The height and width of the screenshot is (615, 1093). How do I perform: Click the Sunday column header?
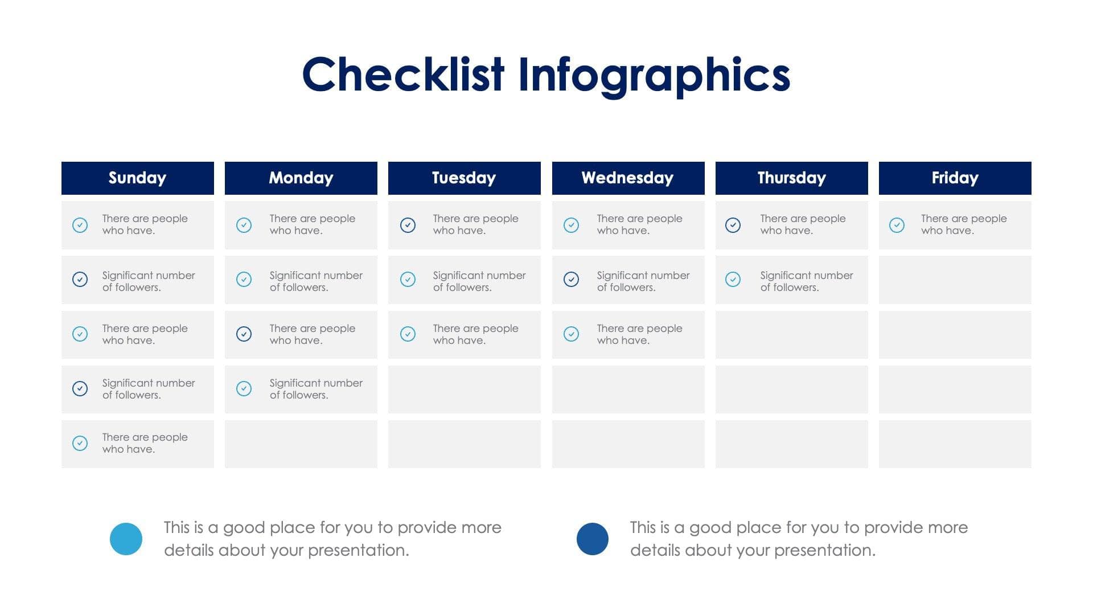pos(137,178)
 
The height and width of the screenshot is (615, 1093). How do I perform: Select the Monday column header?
pos(301,178)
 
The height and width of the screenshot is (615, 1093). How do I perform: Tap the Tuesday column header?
pos(464,178)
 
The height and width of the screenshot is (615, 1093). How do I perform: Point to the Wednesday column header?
pos(628,178)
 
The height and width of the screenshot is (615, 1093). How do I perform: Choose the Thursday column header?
pos(791,178)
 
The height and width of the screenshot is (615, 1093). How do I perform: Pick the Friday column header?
pos(955,178)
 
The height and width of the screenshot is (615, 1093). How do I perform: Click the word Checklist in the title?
pos(403,75)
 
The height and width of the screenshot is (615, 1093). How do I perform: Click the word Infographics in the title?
pos(654,75)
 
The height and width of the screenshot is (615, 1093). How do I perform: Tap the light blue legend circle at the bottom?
pos(126,539)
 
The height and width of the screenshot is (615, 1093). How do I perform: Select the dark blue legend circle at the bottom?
pos(593,539)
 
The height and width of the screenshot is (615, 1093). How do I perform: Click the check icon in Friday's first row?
pos(897,225)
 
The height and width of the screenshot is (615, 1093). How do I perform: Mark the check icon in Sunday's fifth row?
pos(80,443)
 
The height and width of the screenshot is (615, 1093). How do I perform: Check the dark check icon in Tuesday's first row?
pos(408,225)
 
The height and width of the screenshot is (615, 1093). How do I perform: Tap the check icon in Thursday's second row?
pos(733,279)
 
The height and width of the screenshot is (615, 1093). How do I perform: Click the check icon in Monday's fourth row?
pos(244,388)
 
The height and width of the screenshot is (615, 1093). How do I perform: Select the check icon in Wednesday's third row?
pos(571,334)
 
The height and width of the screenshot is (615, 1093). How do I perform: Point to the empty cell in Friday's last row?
pos(955,444)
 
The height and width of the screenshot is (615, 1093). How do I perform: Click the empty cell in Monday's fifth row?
pos(301,444)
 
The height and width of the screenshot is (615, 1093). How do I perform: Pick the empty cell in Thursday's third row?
pos(791,335)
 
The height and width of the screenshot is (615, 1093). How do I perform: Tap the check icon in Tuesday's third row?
pos(408,334)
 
